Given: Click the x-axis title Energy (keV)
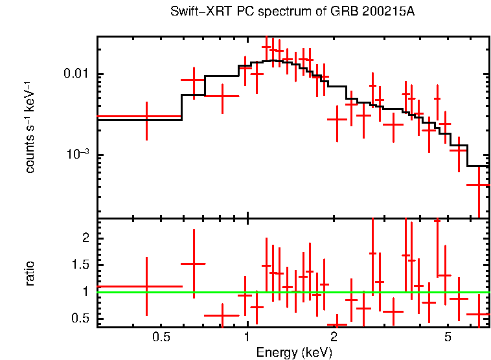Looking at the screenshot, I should point(294,352).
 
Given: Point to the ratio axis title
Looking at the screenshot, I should point(30,273).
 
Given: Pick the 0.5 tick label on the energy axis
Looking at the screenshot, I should point(161,337).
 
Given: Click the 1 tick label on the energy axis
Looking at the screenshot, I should point(247,337).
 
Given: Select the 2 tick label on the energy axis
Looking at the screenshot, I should point(334,337).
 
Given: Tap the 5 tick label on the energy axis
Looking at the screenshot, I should point(448,337).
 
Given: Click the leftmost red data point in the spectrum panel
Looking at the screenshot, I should point(146,117).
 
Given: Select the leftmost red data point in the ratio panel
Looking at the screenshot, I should point(146,286).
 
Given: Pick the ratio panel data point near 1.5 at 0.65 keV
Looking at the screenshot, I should point(193,264).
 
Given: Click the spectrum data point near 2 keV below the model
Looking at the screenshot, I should point(337,119).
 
